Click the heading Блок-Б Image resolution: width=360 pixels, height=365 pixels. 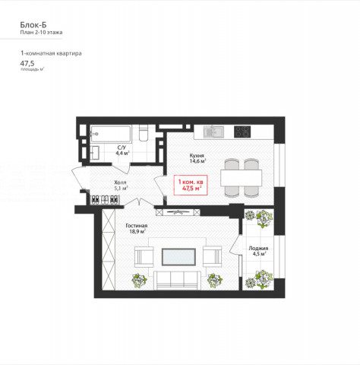coord(33,25)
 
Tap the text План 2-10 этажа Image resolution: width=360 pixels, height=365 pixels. coord(41,33)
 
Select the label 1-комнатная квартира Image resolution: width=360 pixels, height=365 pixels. coord(51,53)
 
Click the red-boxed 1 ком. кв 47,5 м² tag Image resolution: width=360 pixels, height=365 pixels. coord(191,185)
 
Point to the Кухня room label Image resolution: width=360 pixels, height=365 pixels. coord(197,155)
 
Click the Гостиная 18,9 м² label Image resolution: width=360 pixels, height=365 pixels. coord(137,228)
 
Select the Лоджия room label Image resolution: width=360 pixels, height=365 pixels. coord(258,249)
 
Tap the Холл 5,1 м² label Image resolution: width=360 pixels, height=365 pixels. coord(121,186)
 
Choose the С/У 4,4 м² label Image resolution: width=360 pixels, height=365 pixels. coord(122,151)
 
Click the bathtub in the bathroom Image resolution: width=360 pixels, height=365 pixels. coord(110,134)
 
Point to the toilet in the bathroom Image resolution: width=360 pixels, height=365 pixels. coord(144,133)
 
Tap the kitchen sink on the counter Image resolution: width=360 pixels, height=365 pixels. coord(213,132)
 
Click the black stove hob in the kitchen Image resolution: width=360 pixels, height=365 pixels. coord(242,132)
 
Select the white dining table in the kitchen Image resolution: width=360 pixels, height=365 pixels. coord(241,178)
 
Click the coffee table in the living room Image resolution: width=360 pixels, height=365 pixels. coord(178,257)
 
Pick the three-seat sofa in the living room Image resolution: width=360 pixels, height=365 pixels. coord(178,280)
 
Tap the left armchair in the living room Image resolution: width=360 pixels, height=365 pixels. coord(144,257)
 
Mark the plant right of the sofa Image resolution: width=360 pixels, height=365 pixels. coord(215,281)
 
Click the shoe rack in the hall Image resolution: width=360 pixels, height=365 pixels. coord(105,200)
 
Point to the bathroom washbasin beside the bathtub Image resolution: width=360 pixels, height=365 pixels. coord(95,153)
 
